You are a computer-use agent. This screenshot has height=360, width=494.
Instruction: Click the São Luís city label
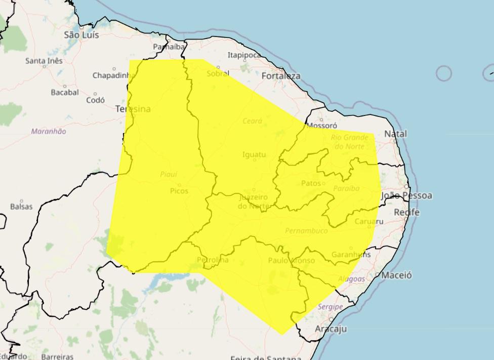coord(81,35)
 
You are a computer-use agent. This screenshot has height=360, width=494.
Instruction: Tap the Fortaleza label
coord(281,76)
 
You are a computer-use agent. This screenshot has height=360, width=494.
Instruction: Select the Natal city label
coord(395,134)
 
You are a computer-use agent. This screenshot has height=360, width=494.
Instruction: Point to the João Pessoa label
coord(406,195)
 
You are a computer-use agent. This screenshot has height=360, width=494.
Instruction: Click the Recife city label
coord(406,212)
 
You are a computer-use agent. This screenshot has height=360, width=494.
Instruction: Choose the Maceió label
coord(396,275)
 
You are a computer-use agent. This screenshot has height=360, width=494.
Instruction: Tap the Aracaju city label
coord(331,329)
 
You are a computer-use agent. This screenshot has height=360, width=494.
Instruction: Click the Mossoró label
coord(322,125)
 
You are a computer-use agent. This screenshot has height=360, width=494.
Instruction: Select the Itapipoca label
coord(244,55)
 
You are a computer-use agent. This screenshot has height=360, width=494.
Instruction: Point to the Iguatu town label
coord(254,154)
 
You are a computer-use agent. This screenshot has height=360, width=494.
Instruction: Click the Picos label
coord(179,191)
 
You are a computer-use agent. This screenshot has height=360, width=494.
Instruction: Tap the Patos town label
coord(311,183)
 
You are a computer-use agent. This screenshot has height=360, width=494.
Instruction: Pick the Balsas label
coord(21,207)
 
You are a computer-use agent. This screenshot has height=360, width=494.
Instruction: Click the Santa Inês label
coord(44,61)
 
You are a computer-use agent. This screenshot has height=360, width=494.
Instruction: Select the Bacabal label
coord(64,92)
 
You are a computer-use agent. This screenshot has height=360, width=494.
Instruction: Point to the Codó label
coord(96,100)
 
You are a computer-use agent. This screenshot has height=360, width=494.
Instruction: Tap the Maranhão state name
coord(49,131)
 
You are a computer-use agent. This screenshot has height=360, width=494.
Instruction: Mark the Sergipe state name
coord(330,307)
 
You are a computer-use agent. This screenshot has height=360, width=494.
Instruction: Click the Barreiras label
coord(57,356)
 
